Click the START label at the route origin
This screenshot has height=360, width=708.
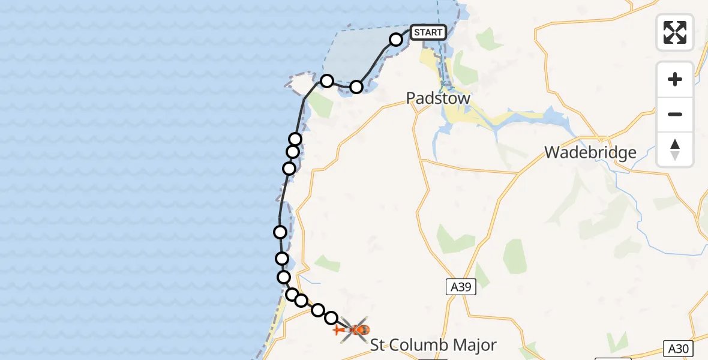[428, 32]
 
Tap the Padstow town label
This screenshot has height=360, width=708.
[438, 98]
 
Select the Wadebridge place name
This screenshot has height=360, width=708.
[590, 152]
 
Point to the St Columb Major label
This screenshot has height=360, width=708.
[433, 345]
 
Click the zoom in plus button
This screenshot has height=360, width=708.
[675, 79]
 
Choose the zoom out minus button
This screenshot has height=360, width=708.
[675, 114]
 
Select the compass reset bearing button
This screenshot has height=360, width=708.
[675, 149]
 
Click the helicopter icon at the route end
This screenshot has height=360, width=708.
[355, 329]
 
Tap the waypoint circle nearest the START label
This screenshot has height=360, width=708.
[396, 40]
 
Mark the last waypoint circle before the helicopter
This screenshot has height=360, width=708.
[331, 317]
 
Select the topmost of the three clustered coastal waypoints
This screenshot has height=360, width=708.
[295, 139]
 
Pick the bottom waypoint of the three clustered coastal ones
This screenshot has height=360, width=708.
[289, 168]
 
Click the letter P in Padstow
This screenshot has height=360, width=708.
[412, 98]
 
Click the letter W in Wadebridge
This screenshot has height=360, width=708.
[553, 152]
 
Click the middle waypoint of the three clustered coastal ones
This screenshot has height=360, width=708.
[293, 151]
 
